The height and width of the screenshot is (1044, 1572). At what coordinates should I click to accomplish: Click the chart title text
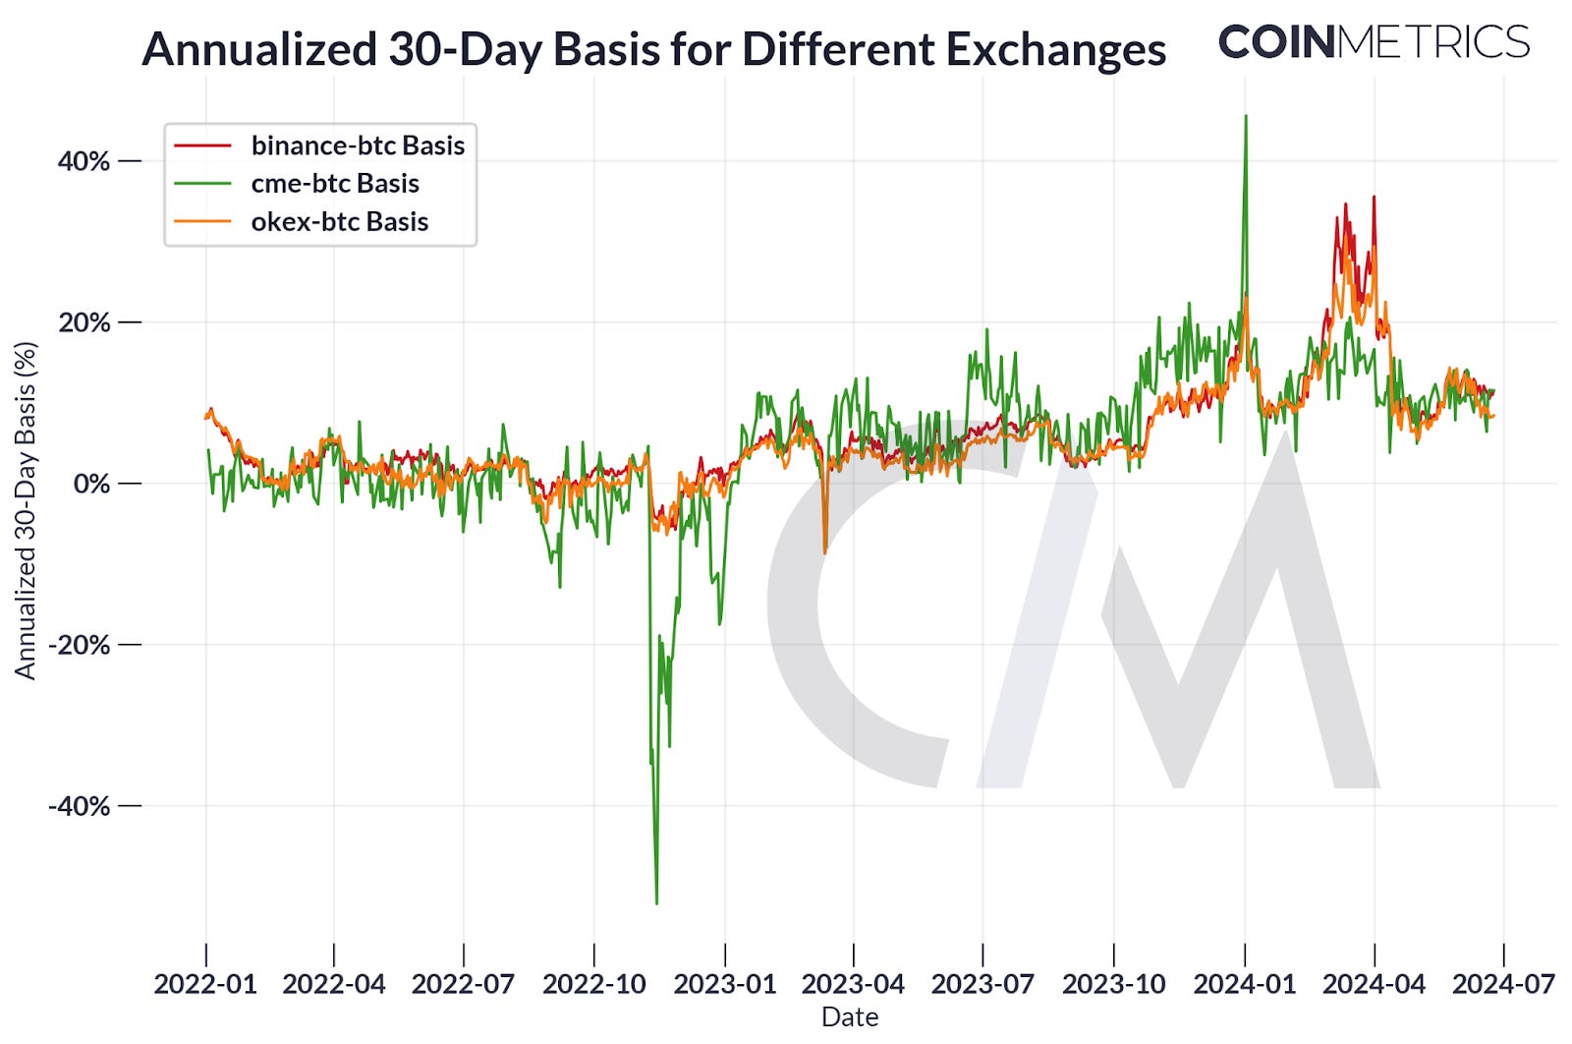point(653,49)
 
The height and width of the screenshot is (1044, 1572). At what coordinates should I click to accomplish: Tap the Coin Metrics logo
point(1374,42)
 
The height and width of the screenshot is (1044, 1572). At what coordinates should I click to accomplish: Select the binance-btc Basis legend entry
point(358,145)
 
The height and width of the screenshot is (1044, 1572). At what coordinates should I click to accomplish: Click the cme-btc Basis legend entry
point(334,184)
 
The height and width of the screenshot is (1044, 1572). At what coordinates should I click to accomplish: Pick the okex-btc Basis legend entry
point(339,222)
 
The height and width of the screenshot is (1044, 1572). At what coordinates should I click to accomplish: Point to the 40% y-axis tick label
point(84,161)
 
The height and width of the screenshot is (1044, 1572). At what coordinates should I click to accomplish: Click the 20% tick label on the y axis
point(84,322)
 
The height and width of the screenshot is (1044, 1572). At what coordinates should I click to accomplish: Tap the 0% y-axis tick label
point(92,484)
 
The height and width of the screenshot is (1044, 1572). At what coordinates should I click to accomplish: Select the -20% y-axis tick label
point(80,645)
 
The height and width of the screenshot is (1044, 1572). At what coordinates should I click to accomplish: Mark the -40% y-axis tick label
point(80,806)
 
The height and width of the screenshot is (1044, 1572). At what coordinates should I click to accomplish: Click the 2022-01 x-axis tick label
point(205,984)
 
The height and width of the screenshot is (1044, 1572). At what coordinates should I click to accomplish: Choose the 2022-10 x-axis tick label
point(593,984)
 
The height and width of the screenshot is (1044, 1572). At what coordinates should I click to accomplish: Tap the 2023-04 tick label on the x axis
point(853,984)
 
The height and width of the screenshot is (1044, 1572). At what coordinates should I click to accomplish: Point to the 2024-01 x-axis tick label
point(1244,984)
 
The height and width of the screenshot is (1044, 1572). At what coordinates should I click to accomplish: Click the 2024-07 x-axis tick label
point(1503,984)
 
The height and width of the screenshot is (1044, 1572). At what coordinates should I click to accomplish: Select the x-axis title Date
point(850,1017)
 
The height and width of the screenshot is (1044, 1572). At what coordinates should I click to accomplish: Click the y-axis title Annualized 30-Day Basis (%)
point(25,510)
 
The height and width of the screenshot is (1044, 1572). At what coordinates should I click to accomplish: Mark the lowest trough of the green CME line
point(656,902)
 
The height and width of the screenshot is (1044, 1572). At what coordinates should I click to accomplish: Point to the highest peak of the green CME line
point(1246,116)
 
